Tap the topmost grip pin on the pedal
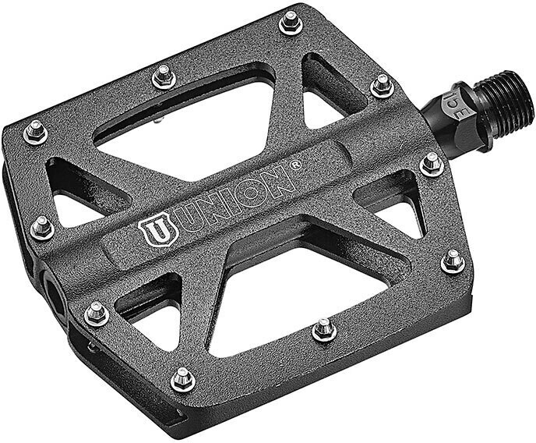pos(291,23)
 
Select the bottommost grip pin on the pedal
pos(182,379)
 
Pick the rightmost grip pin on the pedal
pos(453,261)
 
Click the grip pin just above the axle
pos(381,85)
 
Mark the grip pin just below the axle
pos(431,164)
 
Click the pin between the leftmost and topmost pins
pos(163,76)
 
